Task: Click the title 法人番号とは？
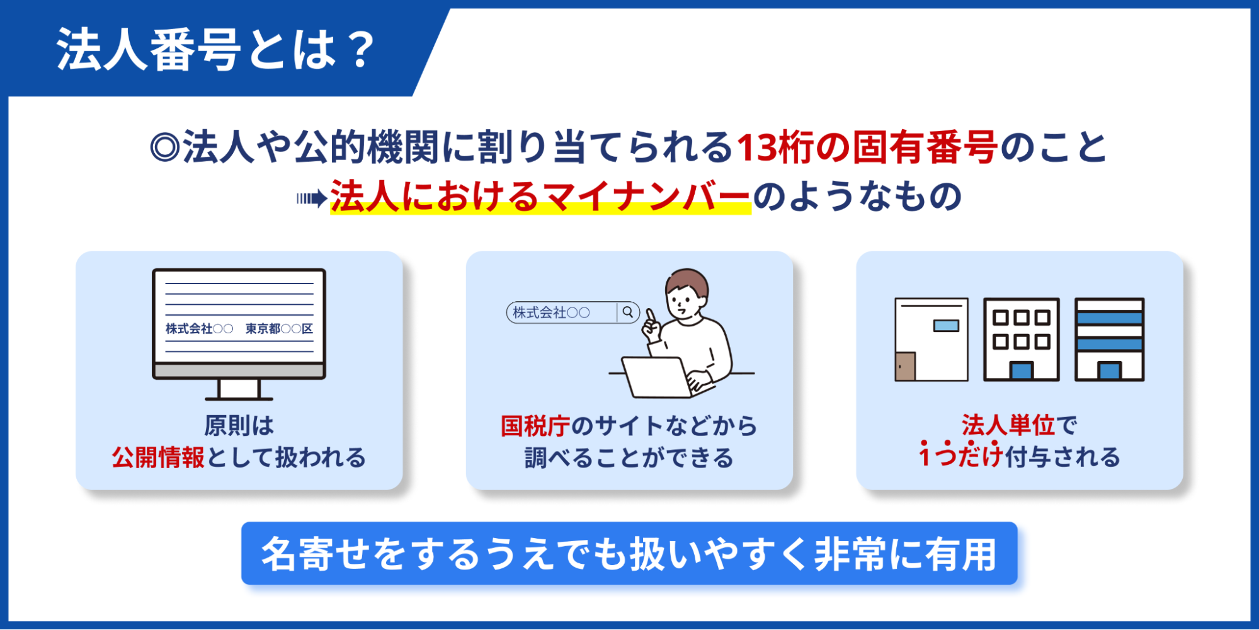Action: point(216,50)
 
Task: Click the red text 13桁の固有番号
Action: point(867,147)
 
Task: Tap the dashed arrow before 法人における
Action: point(312,198)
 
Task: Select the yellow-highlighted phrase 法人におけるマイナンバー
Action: point(540,197)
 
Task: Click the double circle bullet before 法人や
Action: point(165,147)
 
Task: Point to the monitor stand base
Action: point(239,398)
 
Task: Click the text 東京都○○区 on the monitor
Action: point(279,329)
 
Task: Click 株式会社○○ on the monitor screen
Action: point(199,329)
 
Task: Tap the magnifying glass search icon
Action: point(628,312)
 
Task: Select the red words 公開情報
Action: point(158,457)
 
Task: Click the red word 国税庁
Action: point(535,426)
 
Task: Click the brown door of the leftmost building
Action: point(905,366)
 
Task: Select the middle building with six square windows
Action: point(1021,340)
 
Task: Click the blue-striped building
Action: point(1109,340)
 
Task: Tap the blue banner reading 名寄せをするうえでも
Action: point(629,553)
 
